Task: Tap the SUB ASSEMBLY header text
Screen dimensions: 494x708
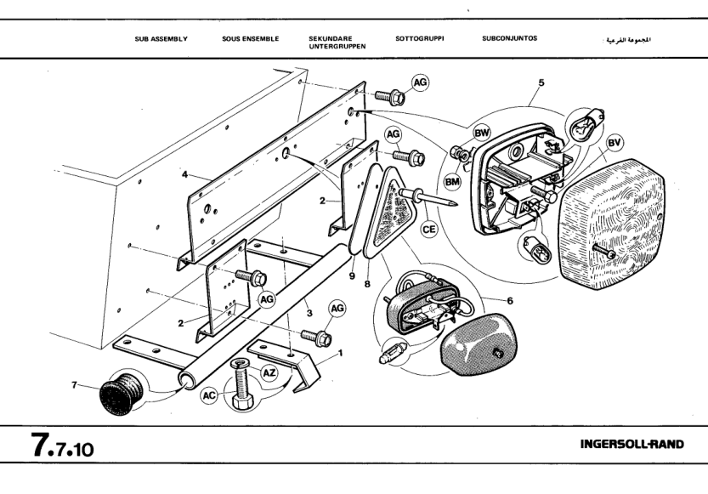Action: click(x=161, y=38)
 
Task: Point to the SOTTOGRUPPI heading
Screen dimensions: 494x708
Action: click(x=420, y=38)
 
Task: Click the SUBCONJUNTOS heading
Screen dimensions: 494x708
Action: click(x=509, y=38)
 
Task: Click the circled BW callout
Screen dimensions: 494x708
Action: click(x=482, y=133)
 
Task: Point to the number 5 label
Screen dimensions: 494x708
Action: click(x=541, y=83)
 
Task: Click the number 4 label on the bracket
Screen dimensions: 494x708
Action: click(x=184, y=177)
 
